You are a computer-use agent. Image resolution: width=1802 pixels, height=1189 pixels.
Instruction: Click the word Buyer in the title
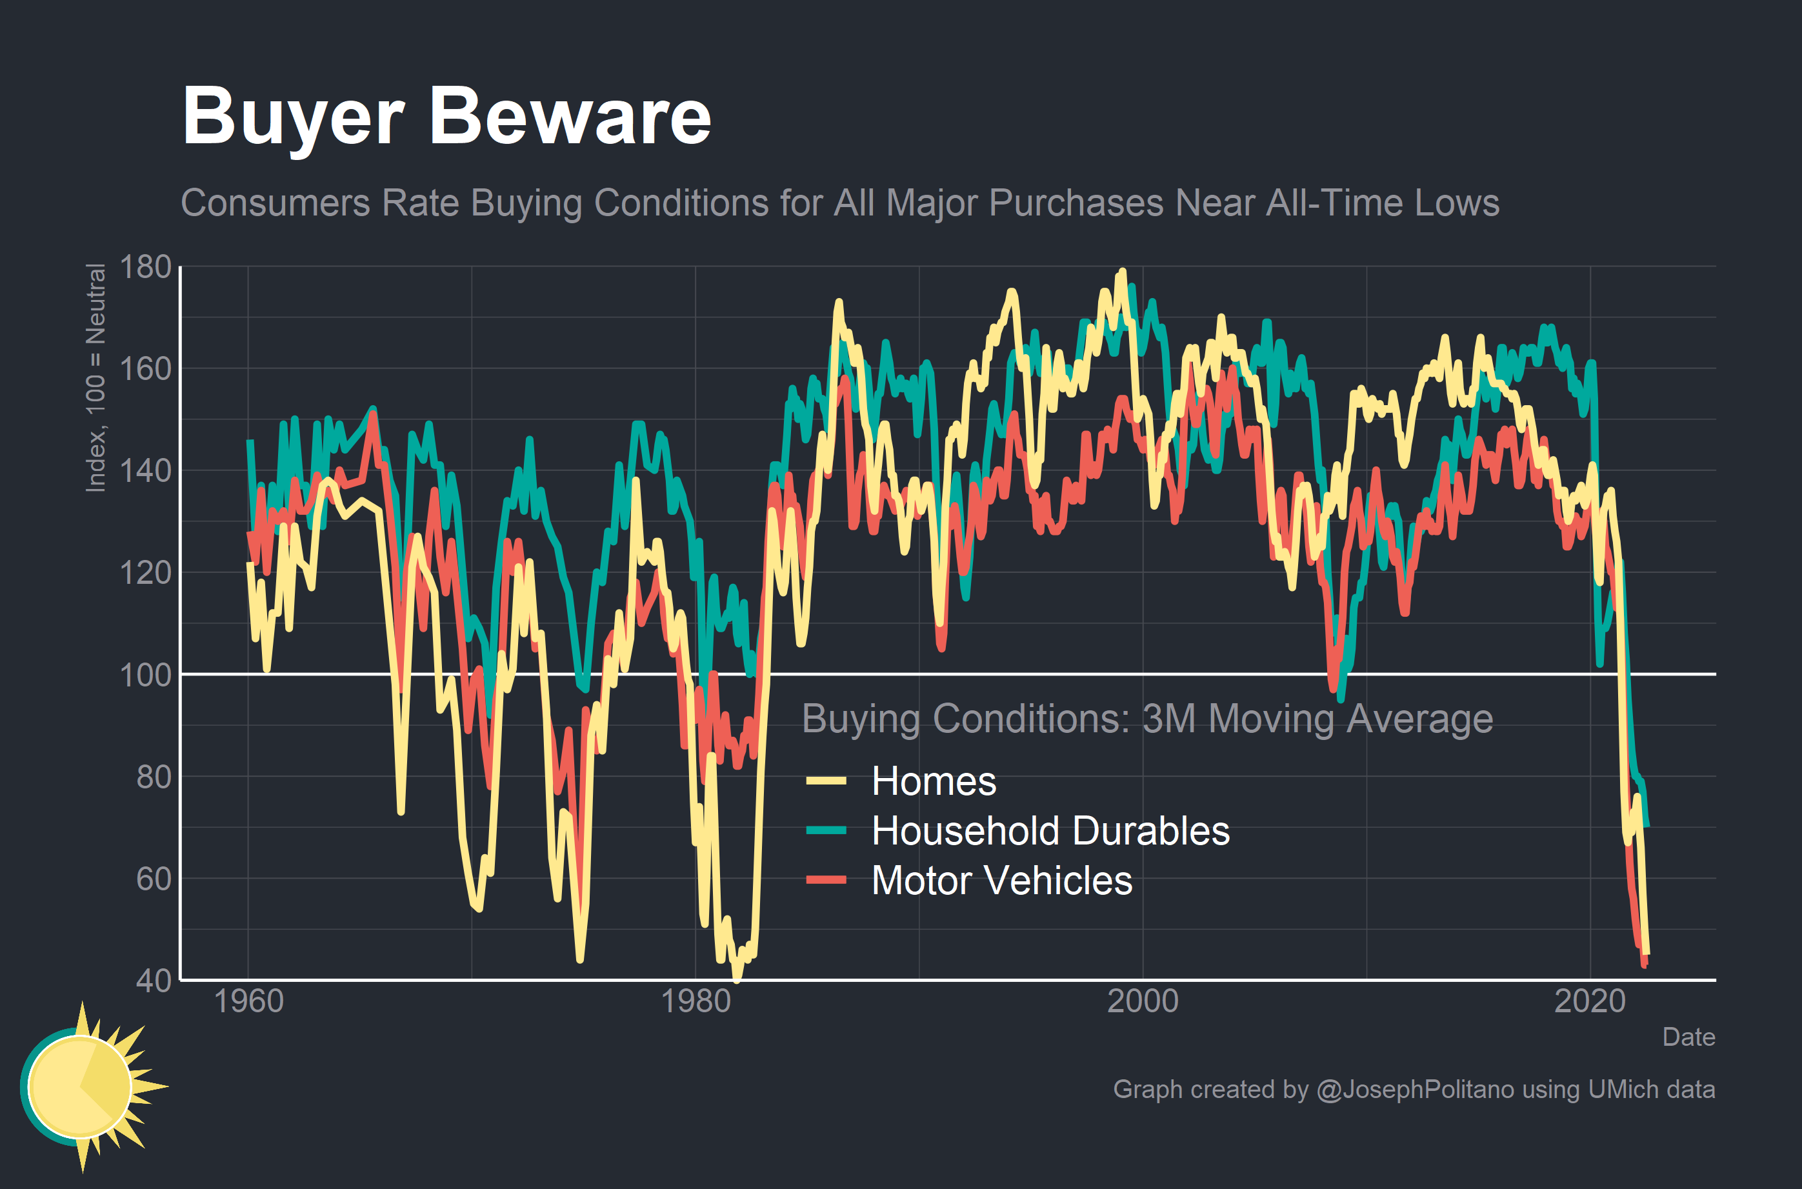[294, 117]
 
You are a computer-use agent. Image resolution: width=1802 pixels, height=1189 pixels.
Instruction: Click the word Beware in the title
[570, 117]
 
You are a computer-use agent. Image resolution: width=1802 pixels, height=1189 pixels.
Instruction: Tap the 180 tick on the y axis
[146, 267]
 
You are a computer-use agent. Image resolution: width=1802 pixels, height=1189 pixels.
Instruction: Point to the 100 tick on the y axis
[146, 675]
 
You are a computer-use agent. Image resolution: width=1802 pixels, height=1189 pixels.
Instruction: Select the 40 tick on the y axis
[154, 981]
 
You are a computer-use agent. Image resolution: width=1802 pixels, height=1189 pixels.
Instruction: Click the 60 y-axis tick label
[154, 879]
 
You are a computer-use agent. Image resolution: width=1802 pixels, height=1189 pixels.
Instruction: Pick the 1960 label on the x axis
[248, 1001]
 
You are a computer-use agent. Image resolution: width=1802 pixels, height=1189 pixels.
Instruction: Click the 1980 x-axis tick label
[696, 1001]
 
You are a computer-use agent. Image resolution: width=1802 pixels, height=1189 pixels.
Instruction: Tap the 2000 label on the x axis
[1143, 1001]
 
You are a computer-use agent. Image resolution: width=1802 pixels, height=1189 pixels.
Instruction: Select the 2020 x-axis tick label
[1590, 1001]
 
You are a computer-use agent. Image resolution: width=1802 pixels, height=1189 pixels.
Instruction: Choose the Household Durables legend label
[1050, 831]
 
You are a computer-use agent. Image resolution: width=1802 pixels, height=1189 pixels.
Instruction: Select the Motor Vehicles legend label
[1001, 881]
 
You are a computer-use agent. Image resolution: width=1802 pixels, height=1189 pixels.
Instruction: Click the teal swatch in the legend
[826, 831]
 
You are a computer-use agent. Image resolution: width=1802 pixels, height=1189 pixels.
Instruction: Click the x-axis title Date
[1688, 1037]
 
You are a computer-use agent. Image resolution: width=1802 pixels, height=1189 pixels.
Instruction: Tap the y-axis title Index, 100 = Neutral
[95, 377]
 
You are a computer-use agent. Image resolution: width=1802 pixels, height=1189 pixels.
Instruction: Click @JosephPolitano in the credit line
[1416, 1090]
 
